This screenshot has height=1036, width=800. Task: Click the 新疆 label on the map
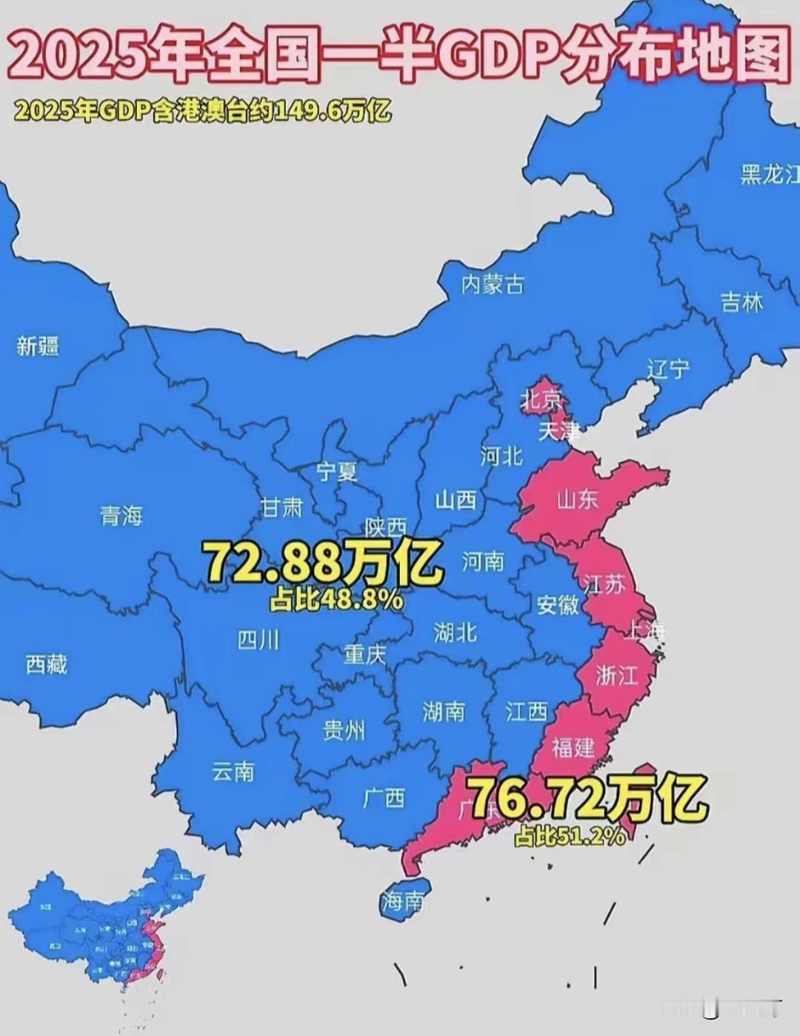(38, 346)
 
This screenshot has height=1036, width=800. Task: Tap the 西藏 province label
(46, 664)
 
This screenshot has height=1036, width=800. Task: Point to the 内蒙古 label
(493, 284)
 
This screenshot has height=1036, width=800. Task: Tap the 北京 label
(541, 400)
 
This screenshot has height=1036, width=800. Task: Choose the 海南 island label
(404, 901)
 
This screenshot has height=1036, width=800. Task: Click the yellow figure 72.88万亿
(323, 563)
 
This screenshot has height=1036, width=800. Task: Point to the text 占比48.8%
(336, 599)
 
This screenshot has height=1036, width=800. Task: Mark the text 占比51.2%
(570, 836)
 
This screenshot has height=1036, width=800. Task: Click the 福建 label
(573, 747)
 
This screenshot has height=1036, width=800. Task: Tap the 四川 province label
(259, 639)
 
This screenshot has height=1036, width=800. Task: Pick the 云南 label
(233, 772)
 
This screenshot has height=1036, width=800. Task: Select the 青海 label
(121, 515)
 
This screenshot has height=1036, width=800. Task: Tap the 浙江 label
(616, 675)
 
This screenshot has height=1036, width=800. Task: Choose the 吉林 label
(741, 302)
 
